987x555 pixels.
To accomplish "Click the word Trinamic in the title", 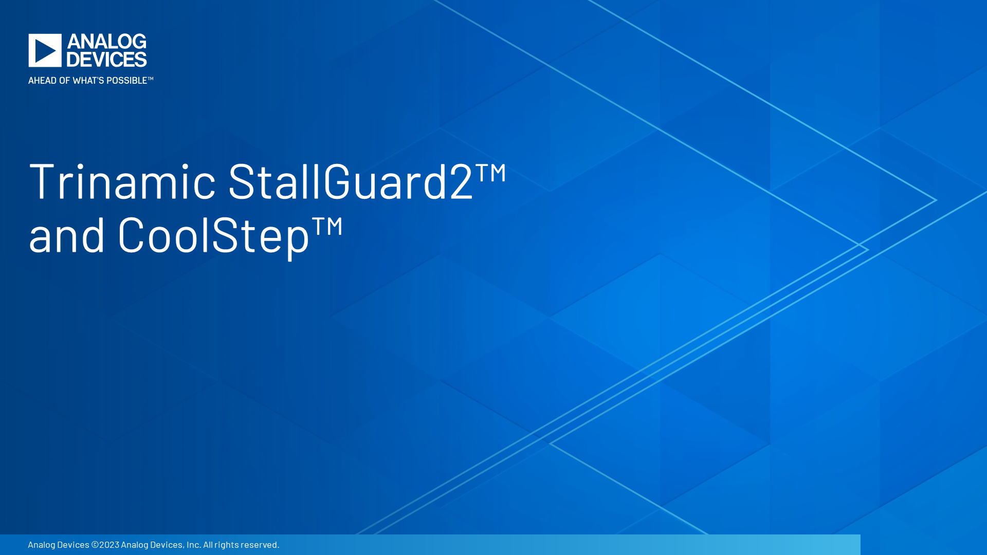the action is click(x=122, y=180).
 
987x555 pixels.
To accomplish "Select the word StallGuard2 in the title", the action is click(x=350, y=180).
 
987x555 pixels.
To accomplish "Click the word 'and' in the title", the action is click(x=67, y=234).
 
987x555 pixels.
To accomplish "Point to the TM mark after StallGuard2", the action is click(x=491, y=172).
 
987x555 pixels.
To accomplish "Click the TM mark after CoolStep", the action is click(x=327, y=226).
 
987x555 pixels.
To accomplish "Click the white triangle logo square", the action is click(x=45, y=50).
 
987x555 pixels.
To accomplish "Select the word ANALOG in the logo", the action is click(x=107, y=42).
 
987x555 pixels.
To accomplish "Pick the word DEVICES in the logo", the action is click(x=107, y=59).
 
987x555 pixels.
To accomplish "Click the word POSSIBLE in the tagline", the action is click(x=126, y=80).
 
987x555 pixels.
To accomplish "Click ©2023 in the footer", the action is click(x=105, y=544).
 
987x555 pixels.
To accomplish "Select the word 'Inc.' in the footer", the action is click(x=194, y=544).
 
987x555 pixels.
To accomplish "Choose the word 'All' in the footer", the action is click(x=208, y=544).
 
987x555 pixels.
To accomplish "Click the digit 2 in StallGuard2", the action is click(x=461, y=180).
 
